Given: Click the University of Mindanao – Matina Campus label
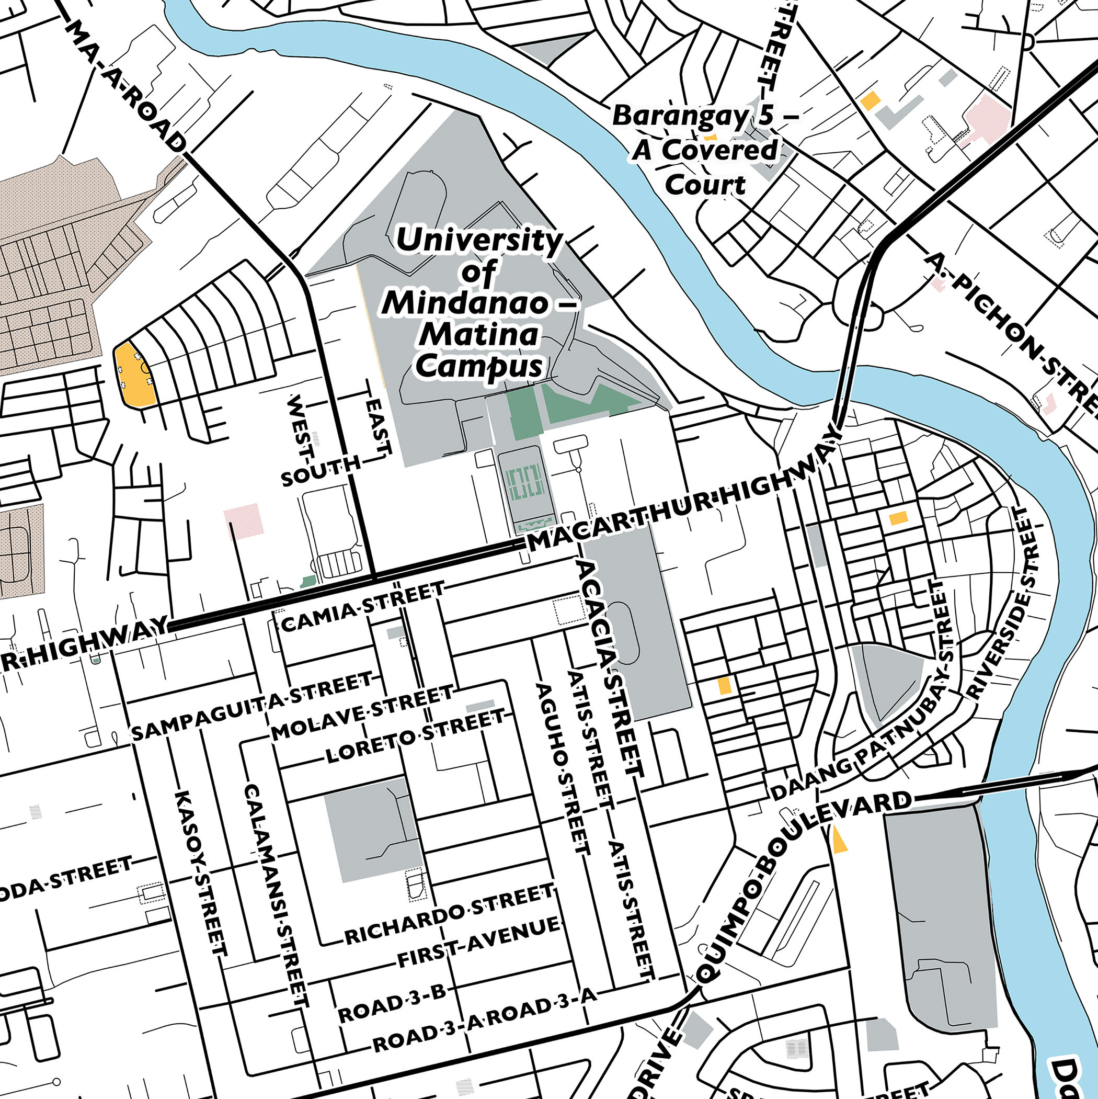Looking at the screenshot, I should pyautogui.click(x=479, y=303).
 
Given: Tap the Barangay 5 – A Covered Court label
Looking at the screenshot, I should pyautogui.click(x=705, y=150).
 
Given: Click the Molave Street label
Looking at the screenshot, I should pyautogui.click(x=362, y=713).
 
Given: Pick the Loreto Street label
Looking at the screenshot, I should pyautogui.click(x=415, y=737).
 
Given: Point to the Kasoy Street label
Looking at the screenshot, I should pyautogui.click(x=201, y=873).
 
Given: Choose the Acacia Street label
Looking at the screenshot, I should pyautogui.click(x=610, y=668).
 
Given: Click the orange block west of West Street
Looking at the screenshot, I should pyautogui.click(x=135, y=375).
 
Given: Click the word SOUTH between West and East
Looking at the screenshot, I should pyautogui.click(x=321, y=470).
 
